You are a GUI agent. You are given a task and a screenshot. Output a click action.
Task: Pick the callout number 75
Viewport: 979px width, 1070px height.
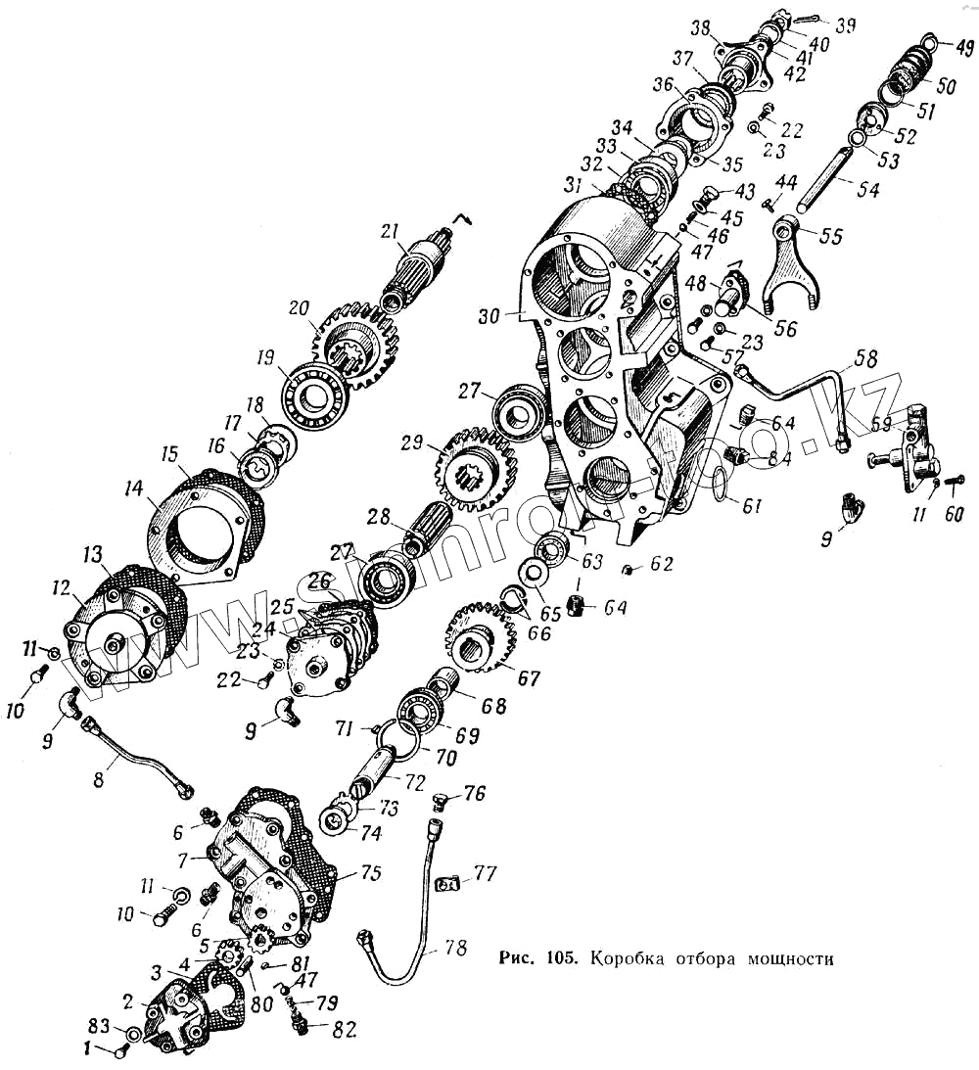coord(372,870)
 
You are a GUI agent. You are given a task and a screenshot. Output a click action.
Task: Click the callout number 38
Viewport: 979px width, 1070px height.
coord(700,26)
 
